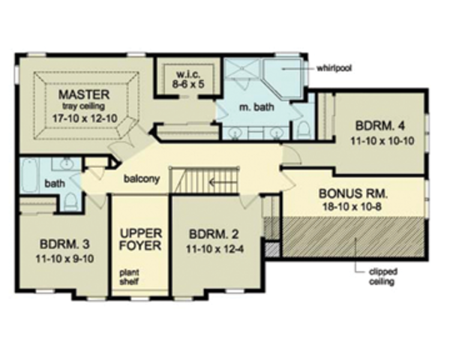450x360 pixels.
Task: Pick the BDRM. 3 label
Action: (62, 244)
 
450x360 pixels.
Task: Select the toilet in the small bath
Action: (69, 199)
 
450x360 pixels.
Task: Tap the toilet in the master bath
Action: (304, 129)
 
